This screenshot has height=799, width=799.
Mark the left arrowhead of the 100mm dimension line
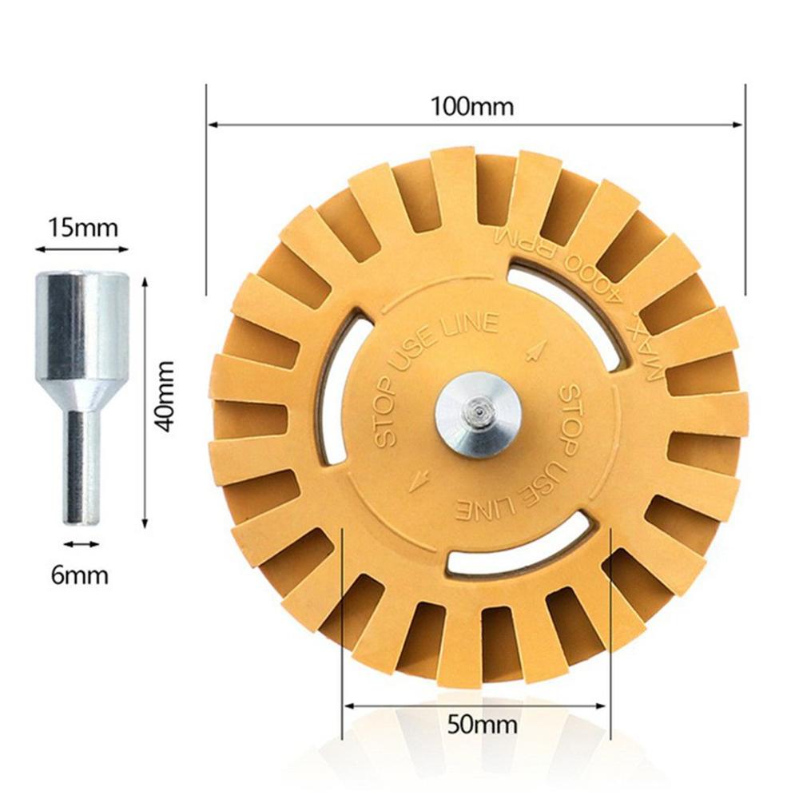point(213,124)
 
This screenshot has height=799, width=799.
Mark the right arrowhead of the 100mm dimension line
point(738,124)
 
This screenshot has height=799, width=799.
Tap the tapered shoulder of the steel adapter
point(81,392)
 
